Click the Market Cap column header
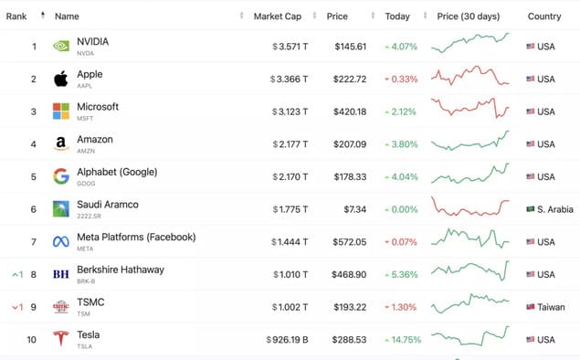click(277, 16)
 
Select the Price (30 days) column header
click(469, 16)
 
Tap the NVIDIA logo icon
click(61, 47)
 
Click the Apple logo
click(61, 79)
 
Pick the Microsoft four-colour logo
click(61, 111)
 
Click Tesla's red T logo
click(61, 339)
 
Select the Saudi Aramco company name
click(108, 205)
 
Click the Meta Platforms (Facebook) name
click(136, 238)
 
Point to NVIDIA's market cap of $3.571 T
click(290, 47)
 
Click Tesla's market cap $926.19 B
click(287, 340)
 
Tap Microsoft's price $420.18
click(350, 111)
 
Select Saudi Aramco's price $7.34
click(354, 209)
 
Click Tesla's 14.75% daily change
click(403, 340)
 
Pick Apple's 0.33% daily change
click(401, 79)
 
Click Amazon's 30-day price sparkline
click(470, 141)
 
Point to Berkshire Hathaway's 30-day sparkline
click(470, 270)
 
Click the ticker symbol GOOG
click(86, 184)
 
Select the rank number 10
click(31, 340)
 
